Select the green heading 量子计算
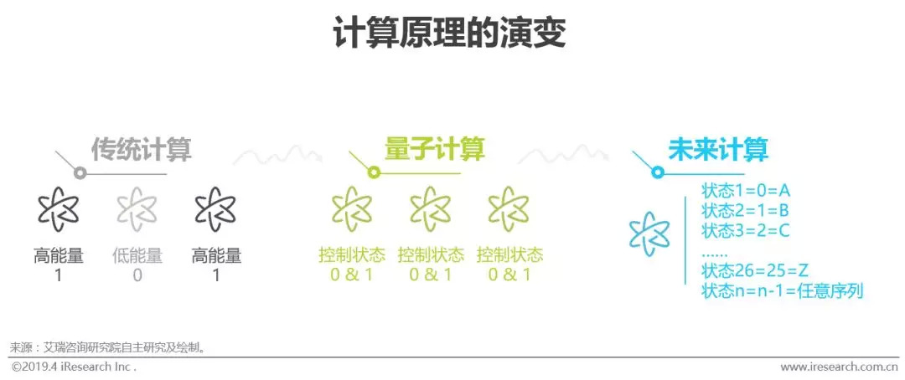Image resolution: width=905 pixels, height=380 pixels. coord(435,149)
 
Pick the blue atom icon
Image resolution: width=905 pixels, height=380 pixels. coord(650,233)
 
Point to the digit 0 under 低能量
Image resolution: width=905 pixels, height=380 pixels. coord(137,275)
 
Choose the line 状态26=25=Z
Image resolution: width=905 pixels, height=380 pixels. coord(755,271)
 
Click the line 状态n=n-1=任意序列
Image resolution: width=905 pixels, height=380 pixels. coord(782,291)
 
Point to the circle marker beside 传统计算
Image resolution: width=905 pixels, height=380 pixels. coord(80,173)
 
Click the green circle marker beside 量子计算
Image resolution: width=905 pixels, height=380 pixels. coord(374,172)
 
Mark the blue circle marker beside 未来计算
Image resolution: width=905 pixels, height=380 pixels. coord(658,172)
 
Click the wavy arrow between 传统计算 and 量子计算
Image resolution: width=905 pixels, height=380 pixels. coord(277,155)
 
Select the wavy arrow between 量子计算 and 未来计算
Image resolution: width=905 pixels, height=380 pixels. coord(563,155)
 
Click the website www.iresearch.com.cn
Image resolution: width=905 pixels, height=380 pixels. coord(839,367)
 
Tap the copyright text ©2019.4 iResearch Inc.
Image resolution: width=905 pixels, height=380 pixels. coord(74,367)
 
